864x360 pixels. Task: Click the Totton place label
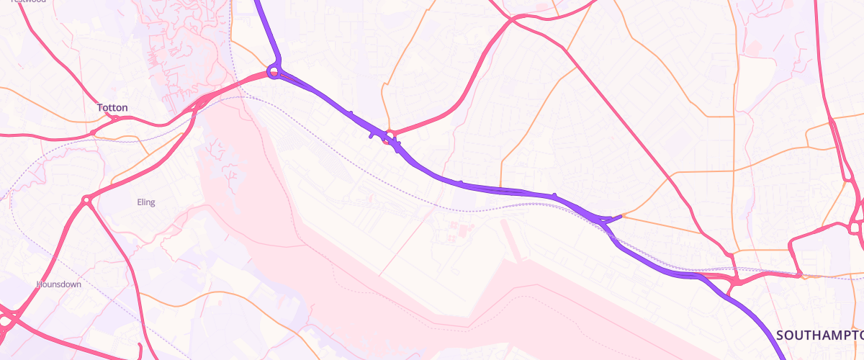[112, 108]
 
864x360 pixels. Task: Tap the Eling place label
[145, 202]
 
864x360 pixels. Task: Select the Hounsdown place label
[59, 284]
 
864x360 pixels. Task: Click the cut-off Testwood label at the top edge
[29, 1]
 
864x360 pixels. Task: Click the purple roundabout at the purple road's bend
[273, 71]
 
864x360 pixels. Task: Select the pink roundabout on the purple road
[390, 136]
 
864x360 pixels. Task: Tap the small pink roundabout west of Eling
[86, 200]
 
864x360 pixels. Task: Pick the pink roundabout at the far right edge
[855, 228]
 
